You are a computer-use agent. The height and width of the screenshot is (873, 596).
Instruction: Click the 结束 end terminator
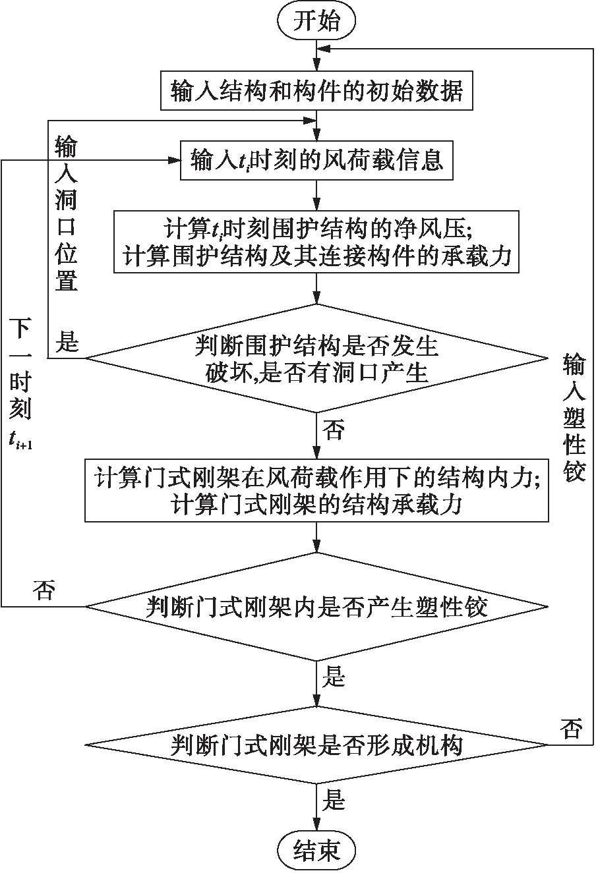tap(316, 851)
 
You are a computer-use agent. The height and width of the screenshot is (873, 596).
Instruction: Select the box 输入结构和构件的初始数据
tap(316, 91)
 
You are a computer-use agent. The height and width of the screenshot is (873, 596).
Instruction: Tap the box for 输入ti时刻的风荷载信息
tap(316, 161)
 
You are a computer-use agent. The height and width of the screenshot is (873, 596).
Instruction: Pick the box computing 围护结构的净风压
tap(316, 242)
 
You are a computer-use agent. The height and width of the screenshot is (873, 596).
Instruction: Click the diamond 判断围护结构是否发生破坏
tap(316, 358)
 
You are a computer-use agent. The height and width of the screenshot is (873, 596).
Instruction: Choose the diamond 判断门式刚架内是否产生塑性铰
tap(316, 606)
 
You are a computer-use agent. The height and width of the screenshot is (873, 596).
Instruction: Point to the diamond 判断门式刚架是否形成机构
tap(316, 745)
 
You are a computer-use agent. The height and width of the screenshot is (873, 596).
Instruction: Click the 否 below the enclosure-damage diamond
tap(334, 431)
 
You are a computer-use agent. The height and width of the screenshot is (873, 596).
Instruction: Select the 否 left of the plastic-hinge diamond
tap(44, 590)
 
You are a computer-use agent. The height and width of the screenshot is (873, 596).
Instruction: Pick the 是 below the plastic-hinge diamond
tap(334, 677)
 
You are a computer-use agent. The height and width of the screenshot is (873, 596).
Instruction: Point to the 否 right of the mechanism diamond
tap(571, 729)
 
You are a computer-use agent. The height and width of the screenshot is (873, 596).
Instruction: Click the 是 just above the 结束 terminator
tap(334, 801)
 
